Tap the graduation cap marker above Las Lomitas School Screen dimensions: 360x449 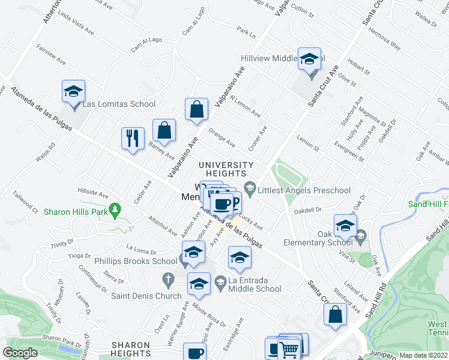point(73,92)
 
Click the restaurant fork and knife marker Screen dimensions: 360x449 point(132,139)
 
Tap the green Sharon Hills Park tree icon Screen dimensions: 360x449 point(119,211)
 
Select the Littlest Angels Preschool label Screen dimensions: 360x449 point(304,191)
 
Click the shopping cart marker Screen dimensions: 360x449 point(289,349)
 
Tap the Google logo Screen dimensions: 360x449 point(20,353)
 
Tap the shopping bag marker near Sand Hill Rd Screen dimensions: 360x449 point(335,314)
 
